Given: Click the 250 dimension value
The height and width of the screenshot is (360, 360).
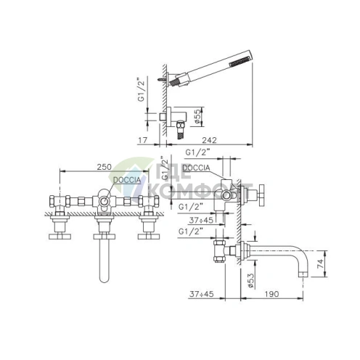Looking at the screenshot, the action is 105,167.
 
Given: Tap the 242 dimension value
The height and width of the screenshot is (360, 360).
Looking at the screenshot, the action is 209,140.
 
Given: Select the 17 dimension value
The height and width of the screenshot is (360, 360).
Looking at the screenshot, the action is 143,140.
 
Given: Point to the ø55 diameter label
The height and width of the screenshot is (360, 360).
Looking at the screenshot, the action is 197,116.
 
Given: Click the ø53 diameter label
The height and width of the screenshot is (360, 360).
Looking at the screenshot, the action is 251,280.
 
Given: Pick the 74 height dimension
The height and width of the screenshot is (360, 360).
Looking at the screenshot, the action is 320,263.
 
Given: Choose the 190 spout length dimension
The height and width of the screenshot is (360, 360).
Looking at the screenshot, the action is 271,294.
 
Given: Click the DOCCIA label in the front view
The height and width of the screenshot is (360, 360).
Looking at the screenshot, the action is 127,180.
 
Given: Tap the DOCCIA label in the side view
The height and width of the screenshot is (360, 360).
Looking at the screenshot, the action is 196,168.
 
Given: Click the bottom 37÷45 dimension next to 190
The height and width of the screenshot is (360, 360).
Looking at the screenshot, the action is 202,294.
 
